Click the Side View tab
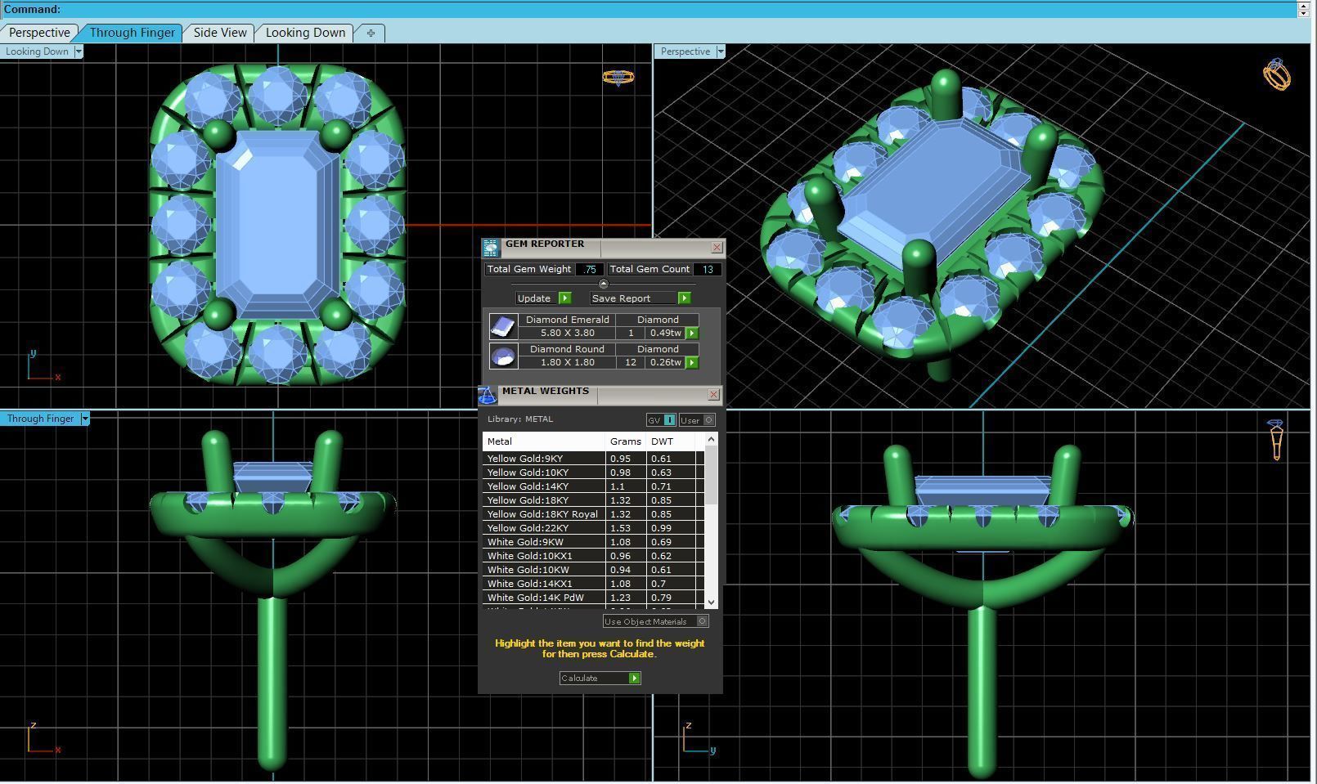pyautogui.click(x=219, y=33)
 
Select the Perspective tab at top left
pyautogui.click(x=38, y=33)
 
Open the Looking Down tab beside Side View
pyautogui.click(x=305, y=33)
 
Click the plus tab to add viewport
pyautogui.click(x=371, y=33)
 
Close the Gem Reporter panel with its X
pyautogui.click(x=717, y=247)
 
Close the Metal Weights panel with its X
pyautogui.click(x=713, y=395)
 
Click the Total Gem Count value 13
pyautogui.click(x=708, y=269)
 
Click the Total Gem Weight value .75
pyautogui.click(x=589, y=269)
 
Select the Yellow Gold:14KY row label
pyautogui.click(x=528, y=486)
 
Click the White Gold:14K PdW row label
pyautogui.click(x=535, y=598)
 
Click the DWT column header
pyautogui.click(x=662, y=441)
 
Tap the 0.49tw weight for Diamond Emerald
pyautogui.click(x=664, y=333)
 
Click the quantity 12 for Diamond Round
pyautogui.click(x=630, y=362)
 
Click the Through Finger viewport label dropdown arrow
pyautogui.click(x=84, y=419)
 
